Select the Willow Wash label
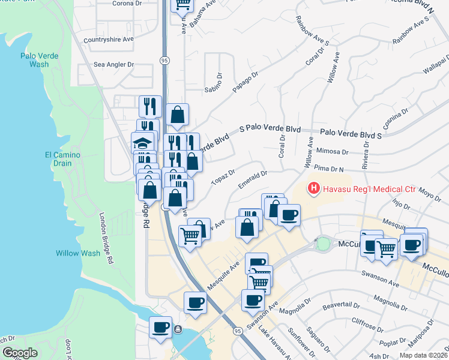pyautogui.click(x=78, y=253)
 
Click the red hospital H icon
pyautogui.click(x=313, y=189)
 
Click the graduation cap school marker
pyautogui.click(x=142, y=144)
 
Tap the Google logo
pyautogui.click(x=20, y=353)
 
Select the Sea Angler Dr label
pyautogui.click(x=113, y=64)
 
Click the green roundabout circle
pyautogui.click(x=324, y=244)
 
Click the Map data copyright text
pyautogui.click(x=423, y=355)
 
